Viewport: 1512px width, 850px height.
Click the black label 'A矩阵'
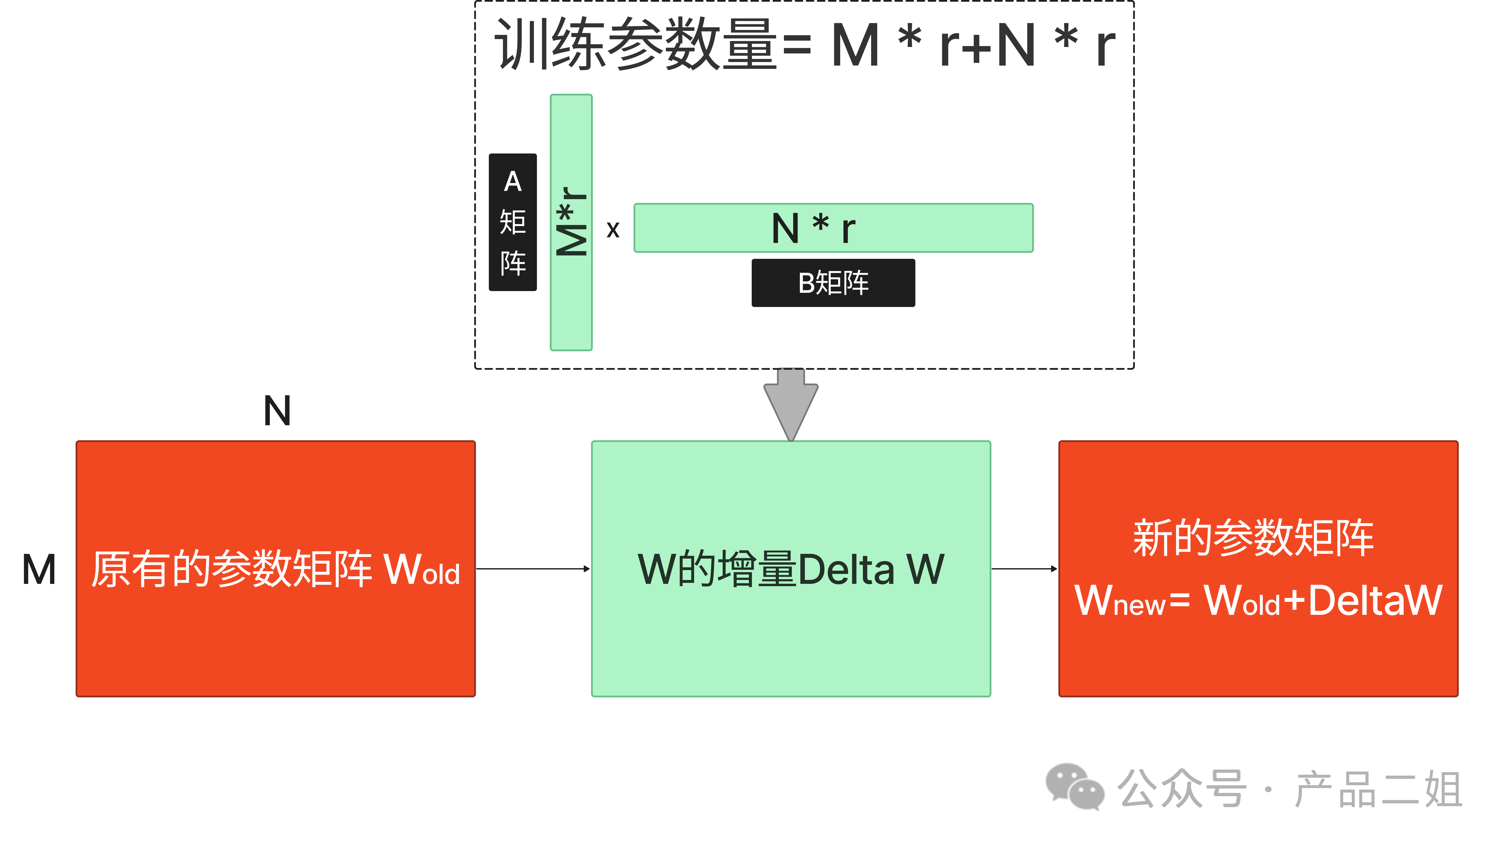tap(512, 222)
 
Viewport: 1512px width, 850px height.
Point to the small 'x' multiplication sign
tap(613, 230)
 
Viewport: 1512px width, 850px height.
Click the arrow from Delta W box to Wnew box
tap(1024, 569)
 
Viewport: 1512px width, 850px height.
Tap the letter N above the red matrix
tap(277, 411)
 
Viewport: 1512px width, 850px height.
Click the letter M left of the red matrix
tap(39, 570)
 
